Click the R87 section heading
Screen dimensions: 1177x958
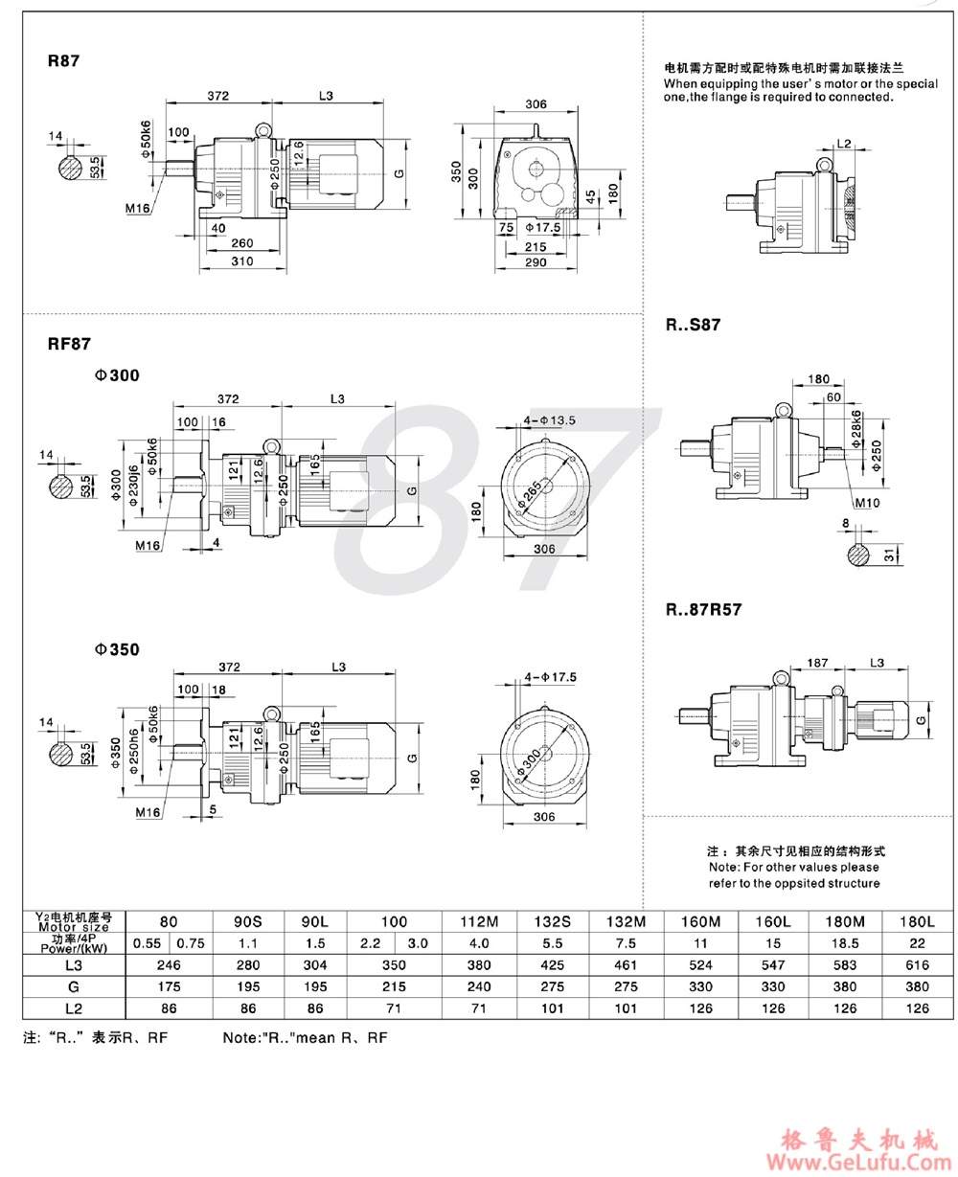click(63, 60)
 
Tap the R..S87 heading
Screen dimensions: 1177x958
click(693, 325)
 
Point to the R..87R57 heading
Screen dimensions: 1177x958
click(704, 607)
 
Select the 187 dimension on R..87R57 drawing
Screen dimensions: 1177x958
click(817, 662)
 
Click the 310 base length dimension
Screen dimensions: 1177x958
click(242, 259)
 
